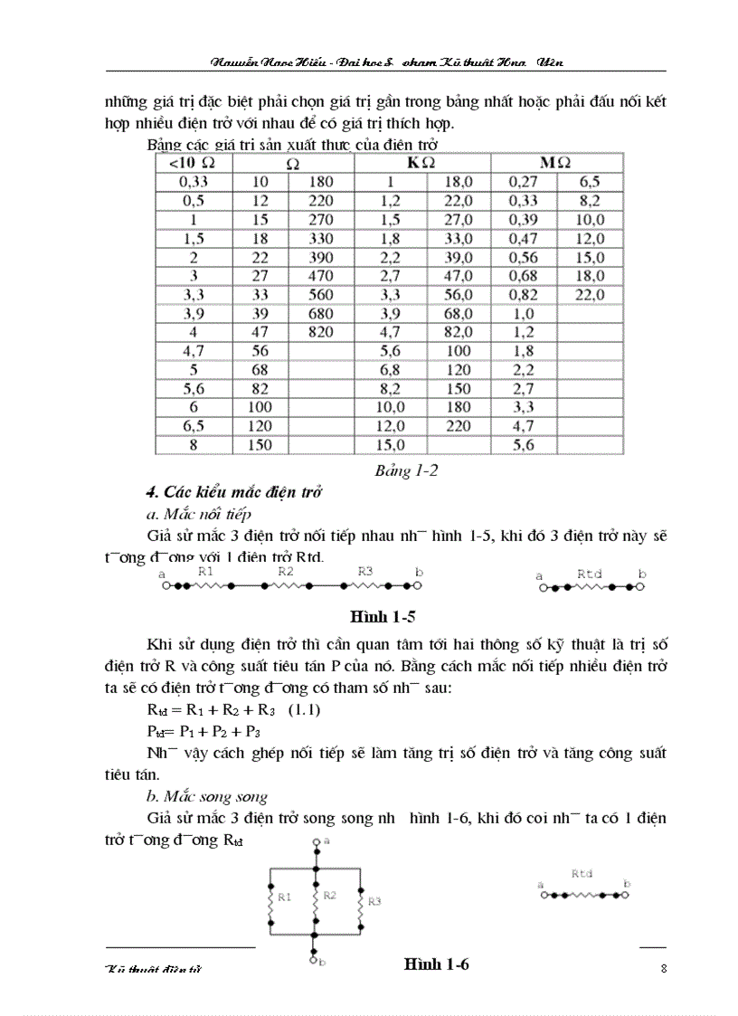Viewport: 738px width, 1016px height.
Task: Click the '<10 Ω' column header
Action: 193,163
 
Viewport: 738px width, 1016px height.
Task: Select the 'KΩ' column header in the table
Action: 421,163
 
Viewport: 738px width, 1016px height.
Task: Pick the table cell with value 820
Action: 320,332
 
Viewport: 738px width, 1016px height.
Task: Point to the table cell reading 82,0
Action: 458,332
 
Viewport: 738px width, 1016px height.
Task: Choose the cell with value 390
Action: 320,257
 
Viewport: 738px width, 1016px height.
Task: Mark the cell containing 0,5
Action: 193,200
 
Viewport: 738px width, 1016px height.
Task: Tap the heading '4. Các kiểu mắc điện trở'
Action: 234,492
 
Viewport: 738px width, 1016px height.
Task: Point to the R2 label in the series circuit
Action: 286,572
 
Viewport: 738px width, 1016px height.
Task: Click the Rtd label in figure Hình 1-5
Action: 590,573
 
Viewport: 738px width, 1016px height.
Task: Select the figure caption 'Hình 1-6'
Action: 437,964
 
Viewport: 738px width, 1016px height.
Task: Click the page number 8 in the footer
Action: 664,969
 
